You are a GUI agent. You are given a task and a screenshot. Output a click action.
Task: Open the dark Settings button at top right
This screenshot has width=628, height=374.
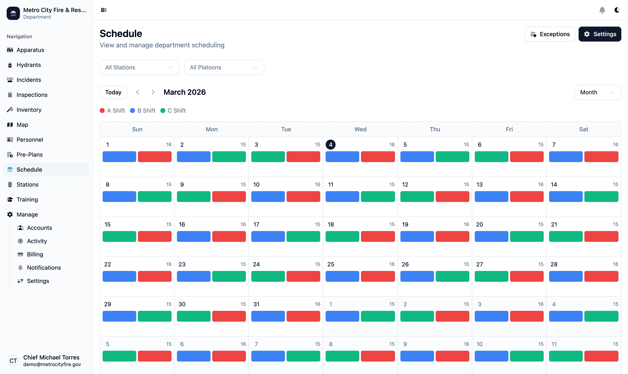coord(600,34)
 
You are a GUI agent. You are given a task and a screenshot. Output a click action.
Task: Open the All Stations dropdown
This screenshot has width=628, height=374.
coord(139,67)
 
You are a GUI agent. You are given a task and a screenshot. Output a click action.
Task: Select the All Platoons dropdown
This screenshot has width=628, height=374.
coord(224,67)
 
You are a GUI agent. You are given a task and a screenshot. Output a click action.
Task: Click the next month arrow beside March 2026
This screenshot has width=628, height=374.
coord(153,92)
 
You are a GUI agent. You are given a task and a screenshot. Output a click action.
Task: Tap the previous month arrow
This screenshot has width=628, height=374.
coord(137,92)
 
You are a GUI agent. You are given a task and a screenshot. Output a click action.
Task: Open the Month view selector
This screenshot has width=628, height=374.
coord(597,92)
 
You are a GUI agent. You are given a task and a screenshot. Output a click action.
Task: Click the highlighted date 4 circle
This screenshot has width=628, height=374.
coord(330,145)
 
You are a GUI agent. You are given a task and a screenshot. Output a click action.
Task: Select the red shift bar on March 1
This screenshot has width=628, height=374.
coord(155,156)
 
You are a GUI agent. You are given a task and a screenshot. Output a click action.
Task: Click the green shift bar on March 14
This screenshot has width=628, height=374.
coord(601,197)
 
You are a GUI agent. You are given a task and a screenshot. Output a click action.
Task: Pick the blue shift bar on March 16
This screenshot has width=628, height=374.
coord(194,236)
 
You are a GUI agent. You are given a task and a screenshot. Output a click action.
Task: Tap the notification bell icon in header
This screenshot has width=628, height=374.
coord(602,10)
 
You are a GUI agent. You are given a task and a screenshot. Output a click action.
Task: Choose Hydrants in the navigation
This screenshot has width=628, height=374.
coord(28,65)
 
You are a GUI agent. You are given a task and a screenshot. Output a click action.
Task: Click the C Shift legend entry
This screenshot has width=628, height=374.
coord(173,111)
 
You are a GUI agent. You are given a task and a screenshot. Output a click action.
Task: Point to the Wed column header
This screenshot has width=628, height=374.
coord(360,129)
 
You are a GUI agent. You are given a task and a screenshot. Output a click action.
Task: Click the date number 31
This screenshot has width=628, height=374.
coord(256,304)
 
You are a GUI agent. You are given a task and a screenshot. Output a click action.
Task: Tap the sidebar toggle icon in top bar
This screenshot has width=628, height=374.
coord(104,10)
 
